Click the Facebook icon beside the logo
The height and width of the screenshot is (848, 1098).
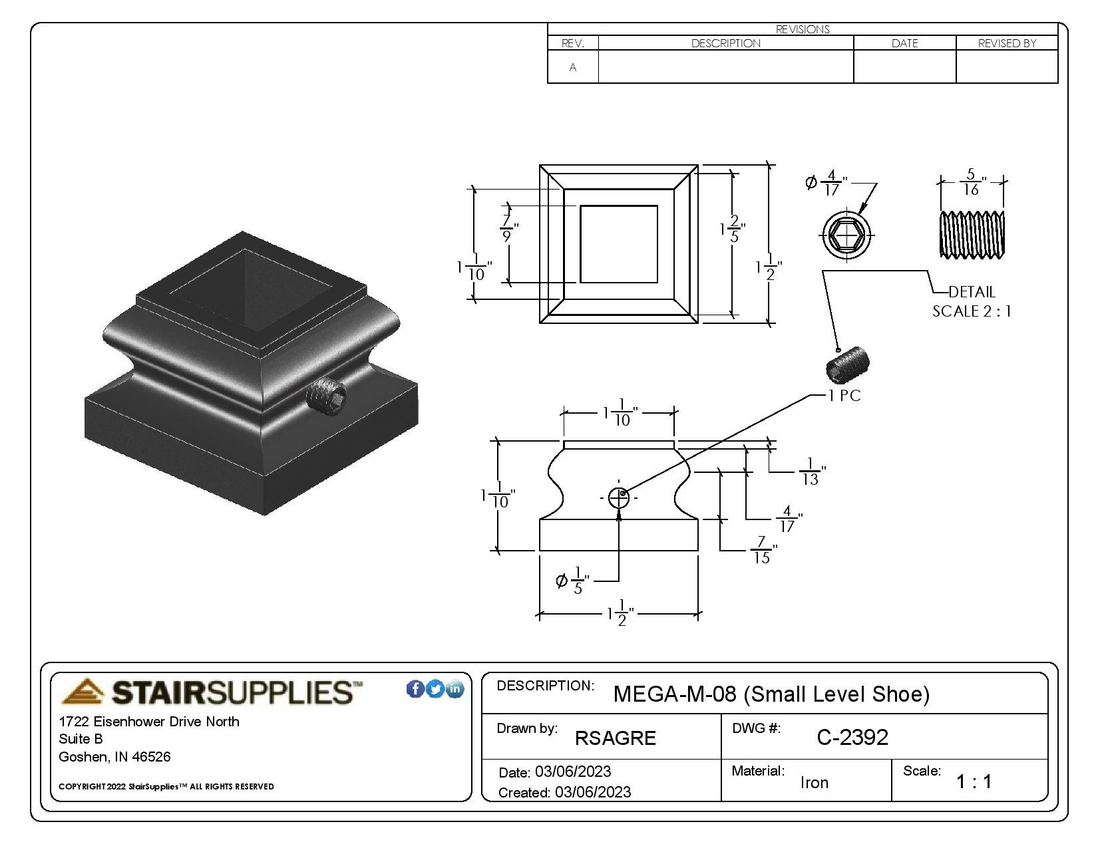pos(415,689)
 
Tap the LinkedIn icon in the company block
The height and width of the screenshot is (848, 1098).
pos(455,689)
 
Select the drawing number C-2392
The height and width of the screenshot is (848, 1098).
pos(852,737)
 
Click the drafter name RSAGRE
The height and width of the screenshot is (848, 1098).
pos(616,738)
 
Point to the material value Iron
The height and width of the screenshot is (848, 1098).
pos(815,782)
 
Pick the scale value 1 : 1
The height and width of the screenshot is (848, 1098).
pos(974,781)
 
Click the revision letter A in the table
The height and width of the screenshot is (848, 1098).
pos(573,67)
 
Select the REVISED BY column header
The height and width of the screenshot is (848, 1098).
pos(1007,43)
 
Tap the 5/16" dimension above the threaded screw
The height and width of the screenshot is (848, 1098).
pos(972,182)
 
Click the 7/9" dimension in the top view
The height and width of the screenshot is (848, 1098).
pos(509,228)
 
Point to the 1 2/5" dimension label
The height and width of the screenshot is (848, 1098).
pos(733,229)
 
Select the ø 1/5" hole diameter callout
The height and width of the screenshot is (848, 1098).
pos(573,581)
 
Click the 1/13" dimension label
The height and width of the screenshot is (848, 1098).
pos(812,472)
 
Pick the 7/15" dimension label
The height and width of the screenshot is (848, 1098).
pos(764,551)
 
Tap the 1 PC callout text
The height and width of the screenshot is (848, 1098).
pos(844,396)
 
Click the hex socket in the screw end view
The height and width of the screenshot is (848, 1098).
pos(847,235)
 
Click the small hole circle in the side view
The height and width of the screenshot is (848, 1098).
pos(619,497)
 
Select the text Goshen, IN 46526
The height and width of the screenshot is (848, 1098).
pos(114,757)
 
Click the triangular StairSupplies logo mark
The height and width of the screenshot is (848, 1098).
pos(83,692)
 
